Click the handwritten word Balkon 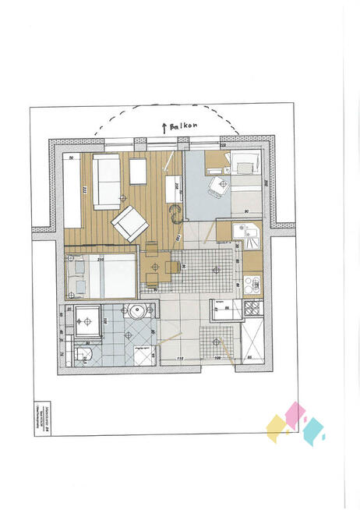[184, 126]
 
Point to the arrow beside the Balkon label [164, 125]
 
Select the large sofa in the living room [106, 181]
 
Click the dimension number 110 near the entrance [180, 359]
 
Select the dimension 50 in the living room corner [72, 158]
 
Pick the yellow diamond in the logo [277, 428]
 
